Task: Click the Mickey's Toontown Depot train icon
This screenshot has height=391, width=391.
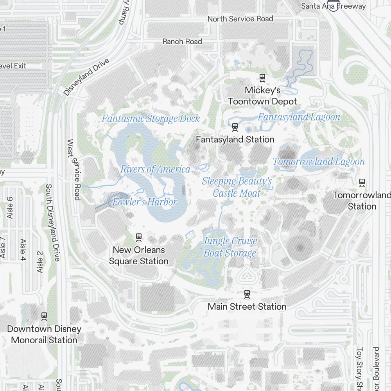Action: [262, 77]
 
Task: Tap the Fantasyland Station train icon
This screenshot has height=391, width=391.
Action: [235, 126]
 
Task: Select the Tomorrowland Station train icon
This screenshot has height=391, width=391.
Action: [362, 182]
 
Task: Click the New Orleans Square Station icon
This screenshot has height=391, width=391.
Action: [138, 237]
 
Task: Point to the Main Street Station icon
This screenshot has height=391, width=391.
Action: [247, 293]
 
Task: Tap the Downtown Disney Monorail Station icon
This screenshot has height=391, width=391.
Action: [44, 316]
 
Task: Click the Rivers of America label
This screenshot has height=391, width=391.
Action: [155, 169]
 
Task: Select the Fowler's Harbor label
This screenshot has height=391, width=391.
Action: [145, 202]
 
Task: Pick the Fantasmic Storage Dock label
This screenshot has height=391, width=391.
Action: [151, 118]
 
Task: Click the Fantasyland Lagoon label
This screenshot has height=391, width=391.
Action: [299, 117]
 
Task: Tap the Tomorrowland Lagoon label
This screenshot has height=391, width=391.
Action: [318, 161]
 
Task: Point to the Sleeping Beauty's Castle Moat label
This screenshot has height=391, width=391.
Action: [237, 187]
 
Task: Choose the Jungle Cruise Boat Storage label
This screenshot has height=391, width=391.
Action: [230, 247]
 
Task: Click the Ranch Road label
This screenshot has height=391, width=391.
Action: [182, 41]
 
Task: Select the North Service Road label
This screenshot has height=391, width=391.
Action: [240, 19]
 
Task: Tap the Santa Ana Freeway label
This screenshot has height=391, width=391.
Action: [334, 6]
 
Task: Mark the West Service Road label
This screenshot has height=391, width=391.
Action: [74, 170]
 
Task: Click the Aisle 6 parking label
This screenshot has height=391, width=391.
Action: [10, 208]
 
